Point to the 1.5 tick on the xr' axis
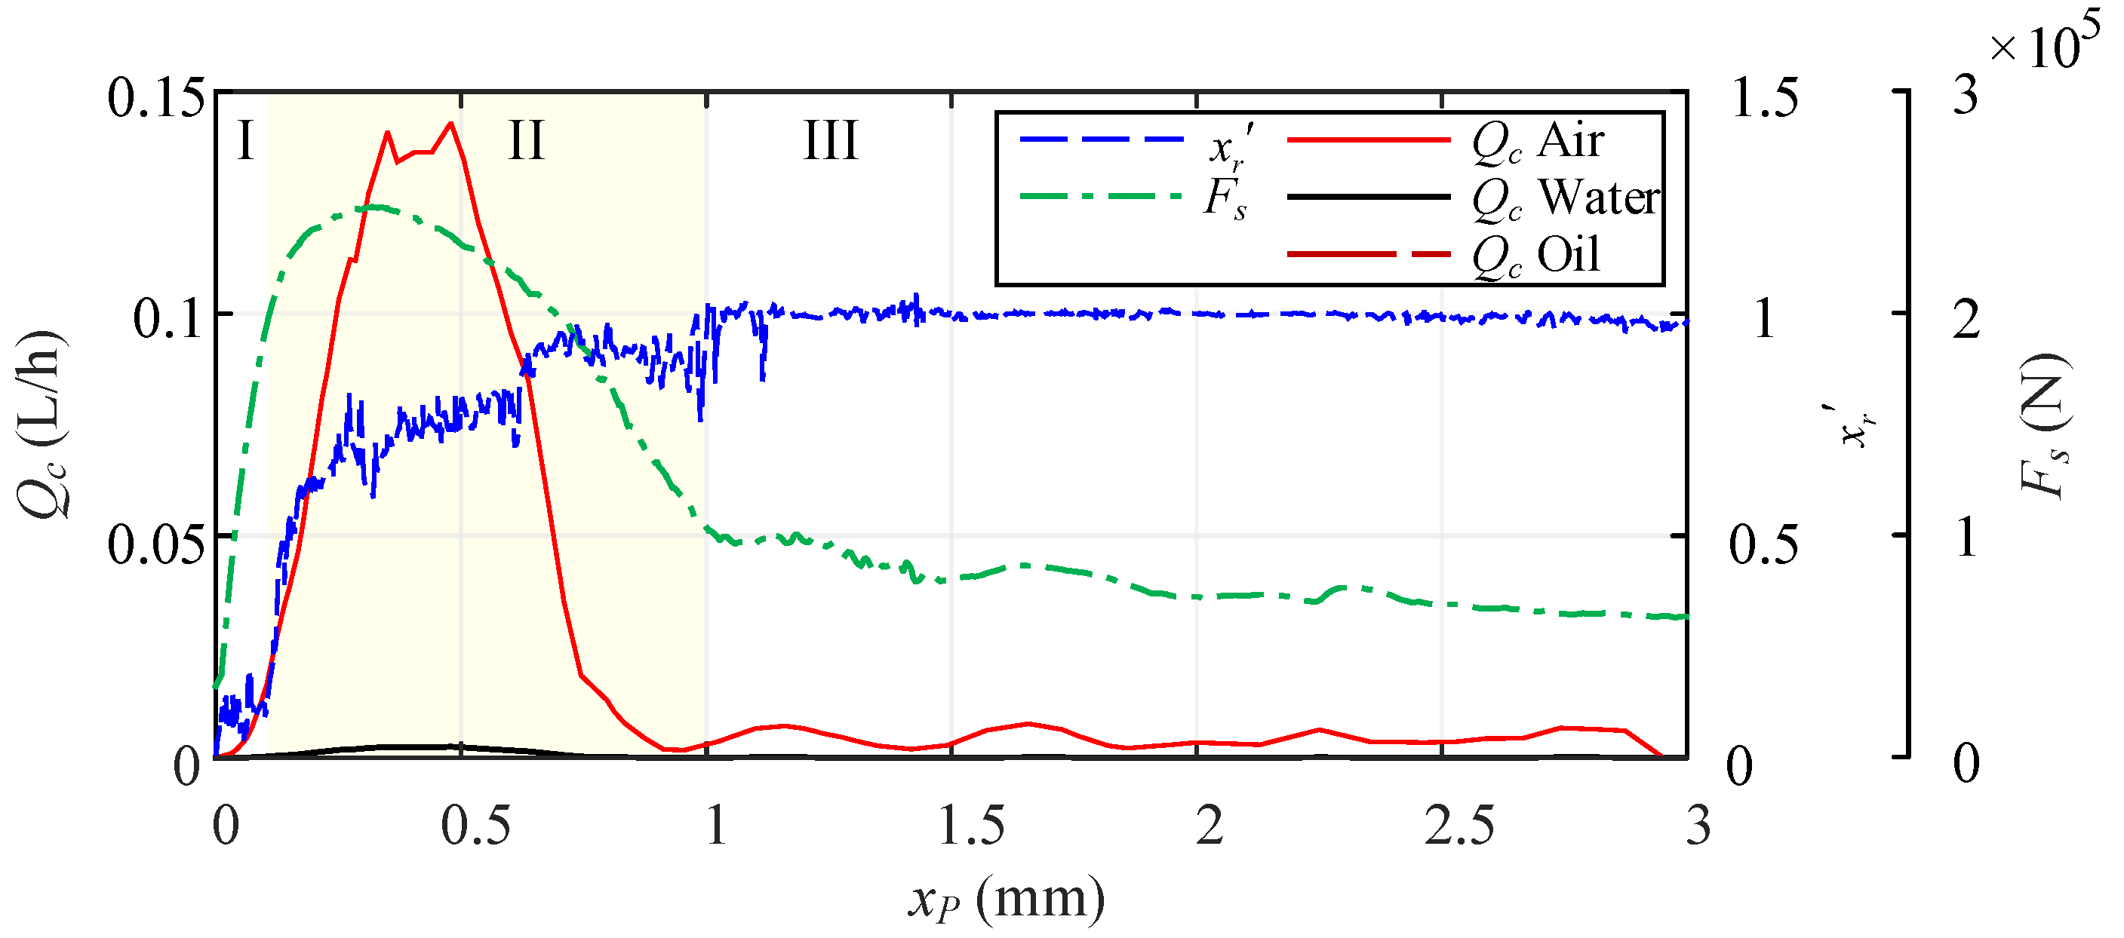coord(1765,98)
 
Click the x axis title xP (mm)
coord(1006,899)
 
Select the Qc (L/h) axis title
coord(39,424)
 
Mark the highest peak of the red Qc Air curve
coord(450,124)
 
